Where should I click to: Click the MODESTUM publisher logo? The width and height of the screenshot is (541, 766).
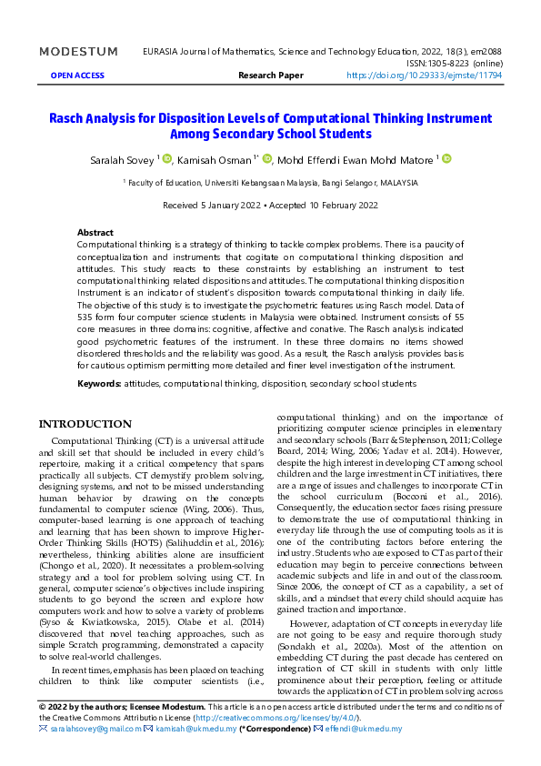[78, 52]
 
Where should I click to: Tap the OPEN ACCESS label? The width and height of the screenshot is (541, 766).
[77, 76]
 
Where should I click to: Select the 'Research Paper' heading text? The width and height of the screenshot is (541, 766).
[270, 76]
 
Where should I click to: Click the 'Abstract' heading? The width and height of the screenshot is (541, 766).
[95, 233]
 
